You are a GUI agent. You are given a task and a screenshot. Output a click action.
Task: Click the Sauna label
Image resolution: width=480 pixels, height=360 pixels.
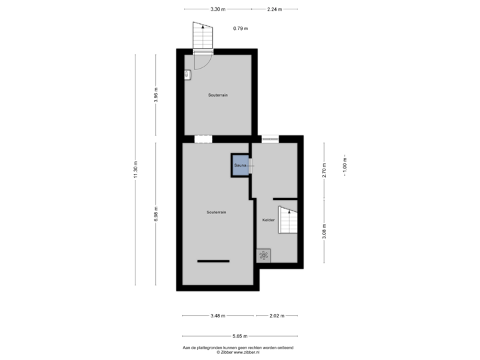click(240, 164)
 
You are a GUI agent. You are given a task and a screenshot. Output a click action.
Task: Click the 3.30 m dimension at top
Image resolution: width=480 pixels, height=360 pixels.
click(217, 9)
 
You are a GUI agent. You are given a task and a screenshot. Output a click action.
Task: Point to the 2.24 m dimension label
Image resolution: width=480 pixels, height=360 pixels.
click(273, 9)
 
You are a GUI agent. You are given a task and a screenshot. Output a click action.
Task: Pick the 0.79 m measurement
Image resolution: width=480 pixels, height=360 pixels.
click(240, 28)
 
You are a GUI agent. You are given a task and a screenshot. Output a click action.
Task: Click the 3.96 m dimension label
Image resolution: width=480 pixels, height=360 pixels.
click(155, 95)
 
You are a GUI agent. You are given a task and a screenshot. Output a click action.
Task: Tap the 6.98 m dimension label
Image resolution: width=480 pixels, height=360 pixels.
click(155, 214)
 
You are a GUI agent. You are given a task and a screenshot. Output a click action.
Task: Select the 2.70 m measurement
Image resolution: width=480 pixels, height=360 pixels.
click(325, 169)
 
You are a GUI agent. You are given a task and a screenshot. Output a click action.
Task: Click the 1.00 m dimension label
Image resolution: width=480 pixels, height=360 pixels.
click(345, 165)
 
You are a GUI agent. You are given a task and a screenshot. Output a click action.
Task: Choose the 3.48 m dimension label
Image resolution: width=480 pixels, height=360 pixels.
click(217, 315)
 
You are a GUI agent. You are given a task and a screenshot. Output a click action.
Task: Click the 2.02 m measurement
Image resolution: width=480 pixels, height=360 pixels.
click(277, 315)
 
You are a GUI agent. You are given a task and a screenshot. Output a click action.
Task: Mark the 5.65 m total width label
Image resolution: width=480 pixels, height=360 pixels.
click(240, 335)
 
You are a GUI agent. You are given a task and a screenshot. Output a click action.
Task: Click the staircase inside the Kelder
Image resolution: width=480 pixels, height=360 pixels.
click(287, 221)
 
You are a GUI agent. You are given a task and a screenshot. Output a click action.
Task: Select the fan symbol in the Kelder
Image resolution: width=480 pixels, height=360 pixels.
click(263, 255)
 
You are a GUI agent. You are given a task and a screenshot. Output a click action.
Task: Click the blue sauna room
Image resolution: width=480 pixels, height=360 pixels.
click(239, 165)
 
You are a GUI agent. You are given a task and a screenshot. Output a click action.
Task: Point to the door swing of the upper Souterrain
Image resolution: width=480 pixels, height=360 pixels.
click(203, 60)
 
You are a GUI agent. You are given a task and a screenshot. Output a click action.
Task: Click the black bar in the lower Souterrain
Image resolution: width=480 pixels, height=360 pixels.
click(213, 261)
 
